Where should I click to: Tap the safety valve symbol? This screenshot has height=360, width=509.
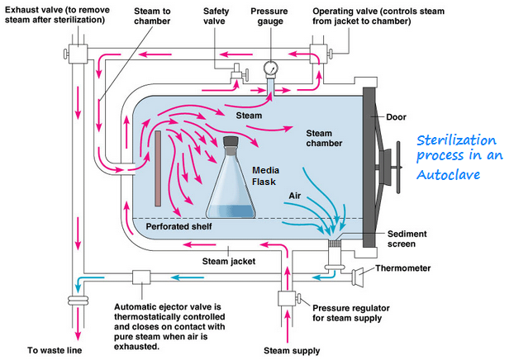click(235, 75)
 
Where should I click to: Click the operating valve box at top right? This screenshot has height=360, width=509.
click(315, 54)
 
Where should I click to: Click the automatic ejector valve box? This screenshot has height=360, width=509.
click(139, 278)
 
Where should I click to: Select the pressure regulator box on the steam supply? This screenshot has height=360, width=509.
click(287, 298)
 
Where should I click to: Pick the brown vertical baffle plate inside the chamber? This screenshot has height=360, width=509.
click(156, 168)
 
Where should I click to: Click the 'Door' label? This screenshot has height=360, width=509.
click(397, 116)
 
